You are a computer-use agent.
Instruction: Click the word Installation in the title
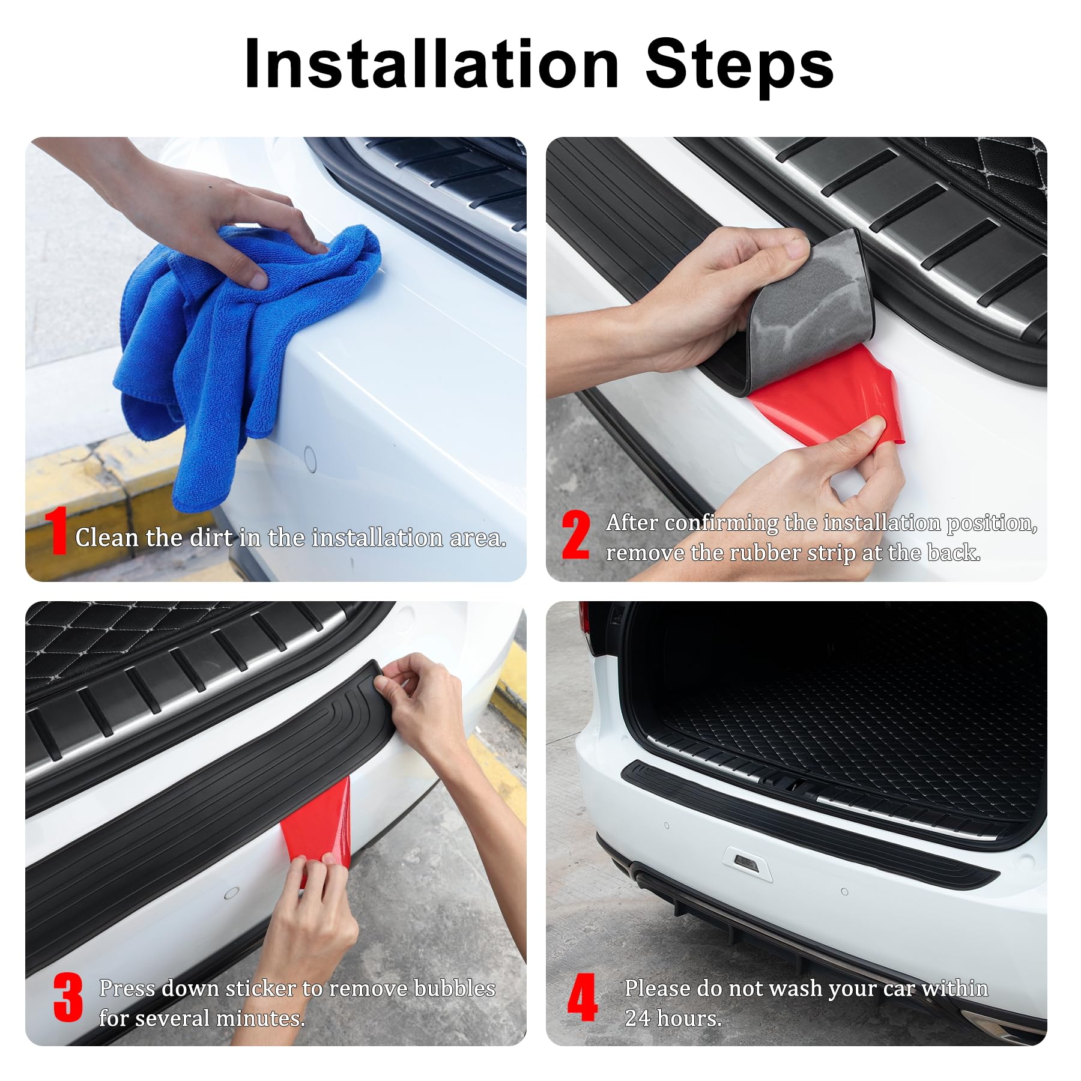[431, 64]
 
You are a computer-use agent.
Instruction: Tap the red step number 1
[58, 531]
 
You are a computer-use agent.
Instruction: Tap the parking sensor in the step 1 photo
[310, 459]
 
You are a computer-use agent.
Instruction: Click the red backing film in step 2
[835, 396]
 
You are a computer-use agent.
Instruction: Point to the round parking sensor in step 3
[232, 893]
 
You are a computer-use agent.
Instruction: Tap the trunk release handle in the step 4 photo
[746, 863]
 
